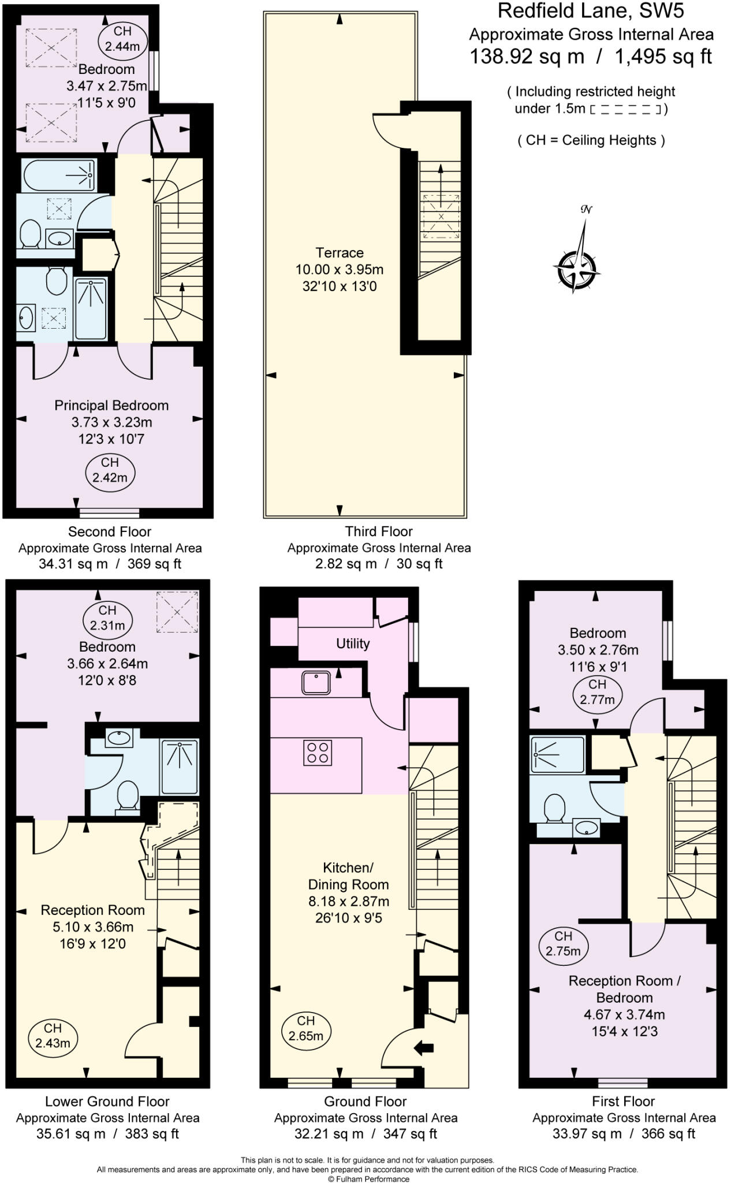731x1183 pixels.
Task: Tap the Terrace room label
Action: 340,252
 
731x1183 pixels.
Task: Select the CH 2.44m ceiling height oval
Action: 122,39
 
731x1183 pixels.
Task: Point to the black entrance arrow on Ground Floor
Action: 424,1047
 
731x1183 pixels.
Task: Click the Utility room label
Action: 353,643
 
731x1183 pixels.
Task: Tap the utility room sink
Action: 316,682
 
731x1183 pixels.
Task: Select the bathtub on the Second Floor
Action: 59,174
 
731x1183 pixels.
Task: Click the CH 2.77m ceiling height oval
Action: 597,691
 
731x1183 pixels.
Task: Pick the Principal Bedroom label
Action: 111,406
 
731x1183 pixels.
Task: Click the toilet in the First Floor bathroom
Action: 555,808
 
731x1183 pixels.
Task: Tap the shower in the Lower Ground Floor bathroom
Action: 179,767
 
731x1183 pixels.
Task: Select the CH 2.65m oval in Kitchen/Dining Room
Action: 306,1028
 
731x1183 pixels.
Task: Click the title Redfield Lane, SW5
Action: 591,11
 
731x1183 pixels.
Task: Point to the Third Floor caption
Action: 379,531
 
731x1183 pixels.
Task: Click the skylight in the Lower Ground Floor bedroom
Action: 178,612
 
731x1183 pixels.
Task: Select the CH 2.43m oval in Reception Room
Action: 53,1035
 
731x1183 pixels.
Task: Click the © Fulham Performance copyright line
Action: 368,1179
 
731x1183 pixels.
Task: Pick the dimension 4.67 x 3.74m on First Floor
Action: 624,1014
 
